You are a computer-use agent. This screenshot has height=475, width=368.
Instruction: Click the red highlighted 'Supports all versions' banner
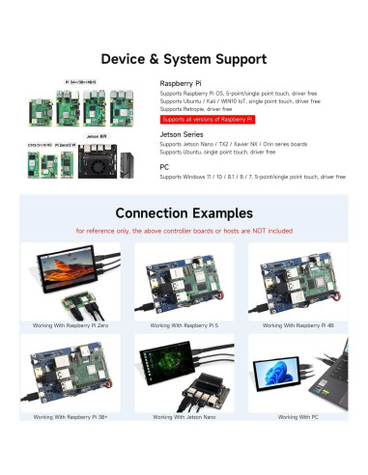click(207, 119)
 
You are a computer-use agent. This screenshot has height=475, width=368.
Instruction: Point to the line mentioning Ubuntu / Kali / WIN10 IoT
click(240, 100)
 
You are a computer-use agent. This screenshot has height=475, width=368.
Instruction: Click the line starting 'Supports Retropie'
click(203, 109)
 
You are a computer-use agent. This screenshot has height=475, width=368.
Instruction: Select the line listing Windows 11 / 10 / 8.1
click(252, 177)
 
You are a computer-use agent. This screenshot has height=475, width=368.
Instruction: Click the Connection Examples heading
click(184, 212)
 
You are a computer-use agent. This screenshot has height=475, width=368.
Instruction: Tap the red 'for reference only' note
click(184, 232)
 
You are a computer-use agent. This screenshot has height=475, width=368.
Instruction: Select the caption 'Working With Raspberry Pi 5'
click(184, 328)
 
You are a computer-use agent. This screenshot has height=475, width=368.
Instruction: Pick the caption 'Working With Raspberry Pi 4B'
click(297, 328)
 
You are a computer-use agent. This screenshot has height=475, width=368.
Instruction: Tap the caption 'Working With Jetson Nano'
click(184, 417)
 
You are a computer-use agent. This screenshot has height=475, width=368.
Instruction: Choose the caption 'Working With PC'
click(297, 417)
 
